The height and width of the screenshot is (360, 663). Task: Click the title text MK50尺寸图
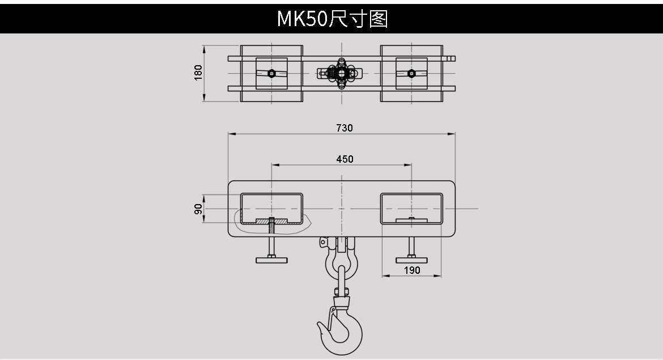click(331, 19)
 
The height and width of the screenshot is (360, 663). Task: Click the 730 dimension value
click(344, 128)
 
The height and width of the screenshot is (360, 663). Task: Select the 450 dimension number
click(345, 159)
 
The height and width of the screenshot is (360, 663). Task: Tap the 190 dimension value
click(413, 270)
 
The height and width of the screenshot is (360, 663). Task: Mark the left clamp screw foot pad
click(272, 260)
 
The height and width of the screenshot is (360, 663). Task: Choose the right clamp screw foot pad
click(412, 260)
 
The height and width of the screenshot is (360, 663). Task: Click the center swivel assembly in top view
click(341, 73)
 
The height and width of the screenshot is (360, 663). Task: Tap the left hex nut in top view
click(272, 73)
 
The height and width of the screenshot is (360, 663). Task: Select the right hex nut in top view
click(412, 73)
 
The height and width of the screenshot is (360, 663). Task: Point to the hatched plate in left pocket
click(271, 221)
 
